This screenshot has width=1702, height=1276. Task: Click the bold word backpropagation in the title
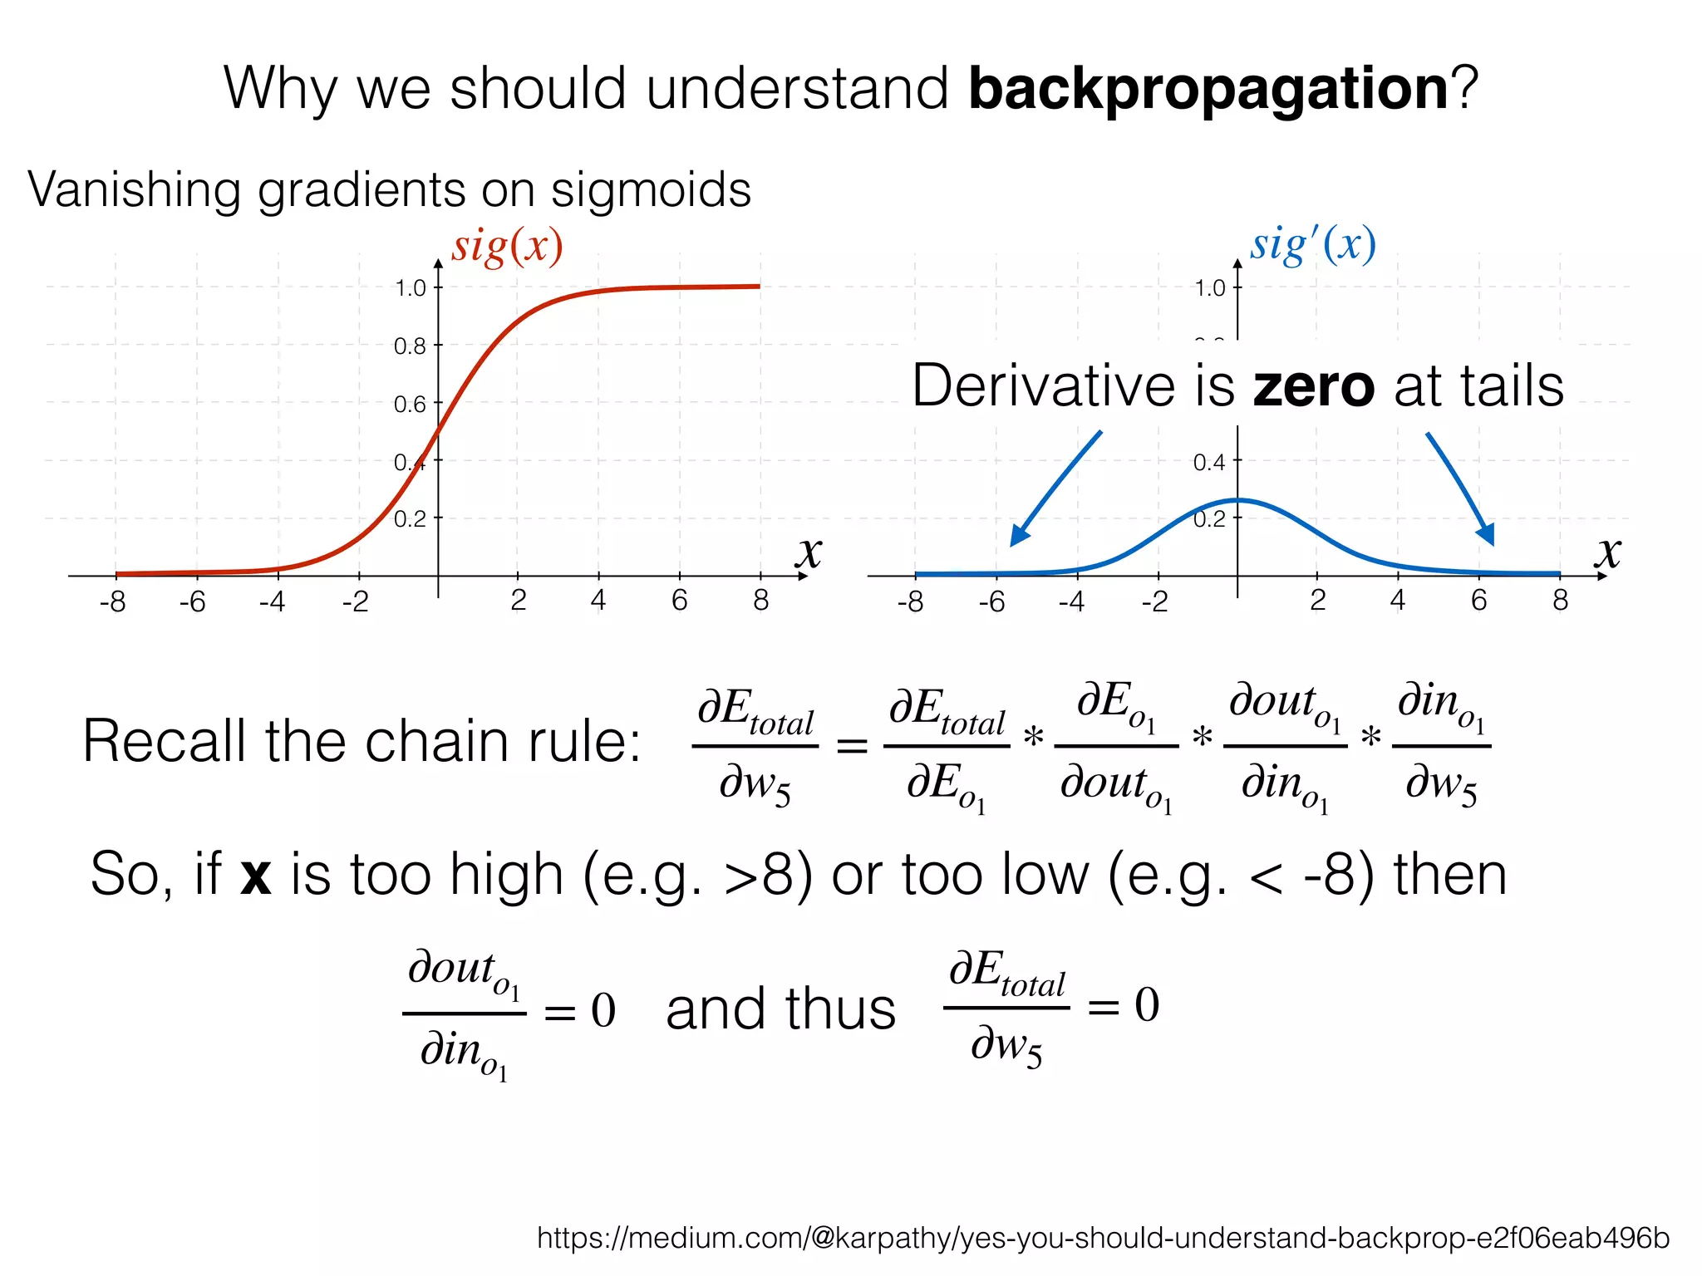point(1208,89)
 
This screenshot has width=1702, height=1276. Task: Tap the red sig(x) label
point(507,247)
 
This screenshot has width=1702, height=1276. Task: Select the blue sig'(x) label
point(1313,246)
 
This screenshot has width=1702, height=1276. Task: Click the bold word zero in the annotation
point(1314,387)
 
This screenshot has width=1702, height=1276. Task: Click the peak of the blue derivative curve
point(1238,500)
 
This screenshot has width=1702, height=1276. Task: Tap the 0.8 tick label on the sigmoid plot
point(410,346)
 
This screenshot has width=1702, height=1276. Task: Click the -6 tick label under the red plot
point(192,602)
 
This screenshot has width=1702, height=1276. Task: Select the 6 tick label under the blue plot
point(1479,601)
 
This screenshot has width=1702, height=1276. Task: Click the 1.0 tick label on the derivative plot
point(1209,288)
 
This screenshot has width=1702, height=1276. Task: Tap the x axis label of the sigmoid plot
point(809,552)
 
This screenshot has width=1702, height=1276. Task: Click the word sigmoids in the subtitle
point(651,189)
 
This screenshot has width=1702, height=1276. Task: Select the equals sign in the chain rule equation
point(851,746)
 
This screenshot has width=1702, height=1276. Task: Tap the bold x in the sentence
point(256,876)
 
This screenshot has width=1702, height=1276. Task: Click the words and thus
point(780,1009)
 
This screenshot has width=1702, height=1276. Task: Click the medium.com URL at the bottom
point(1103,1238)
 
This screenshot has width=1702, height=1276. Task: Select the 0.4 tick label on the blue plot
point(1209,462)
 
